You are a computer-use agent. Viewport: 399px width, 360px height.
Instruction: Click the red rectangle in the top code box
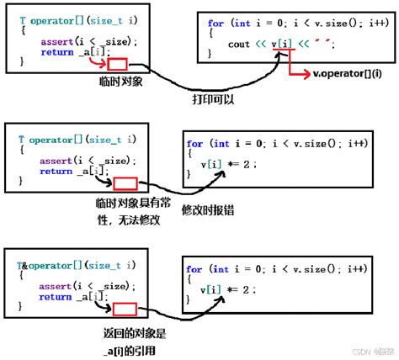[x=118, y=64]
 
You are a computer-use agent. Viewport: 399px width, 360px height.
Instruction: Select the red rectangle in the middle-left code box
[x=125, y=183]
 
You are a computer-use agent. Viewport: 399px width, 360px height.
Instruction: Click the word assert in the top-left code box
[x=54, y=40]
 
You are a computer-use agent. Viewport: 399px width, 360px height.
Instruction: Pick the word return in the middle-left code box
[x=56, y=172]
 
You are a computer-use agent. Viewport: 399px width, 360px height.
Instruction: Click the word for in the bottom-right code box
[x=194, y=269]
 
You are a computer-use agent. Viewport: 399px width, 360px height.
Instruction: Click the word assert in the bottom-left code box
[x=54, y=286]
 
